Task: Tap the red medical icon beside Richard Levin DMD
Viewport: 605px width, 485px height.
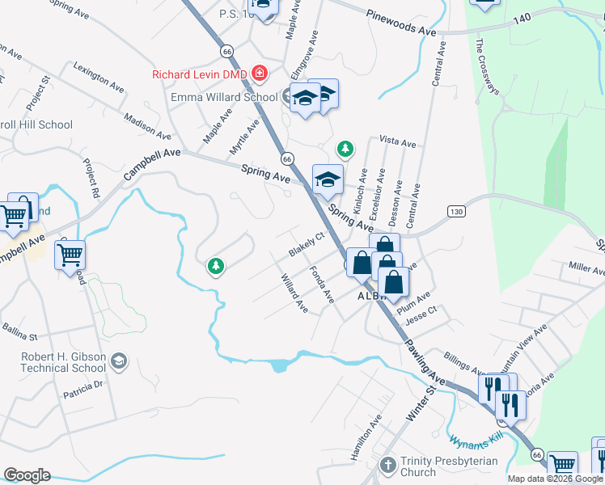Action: (x=260, y=74)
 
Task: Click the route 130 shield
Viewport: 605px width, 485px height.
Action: (x=457, y=211)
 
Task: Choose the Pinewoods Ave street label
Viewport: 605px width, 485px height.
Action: (x=400, y=22)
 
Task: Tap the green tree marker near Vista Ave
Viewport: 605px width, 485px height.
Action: (x=345, y=149)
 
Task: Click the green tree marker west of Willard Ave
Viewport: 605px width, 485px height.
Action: (x=215, y=265)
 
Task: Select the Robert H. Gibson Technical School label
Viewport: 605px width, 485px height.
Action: (x=64, y=362)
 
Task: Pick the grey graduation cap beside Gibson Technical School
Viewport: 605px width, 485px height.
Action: (x=120, y=361)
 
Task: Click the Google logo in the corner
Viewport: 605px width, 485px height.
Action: (x=27, y=475)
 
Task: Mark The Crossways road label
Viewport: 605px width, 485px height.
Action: (x=490, y=68)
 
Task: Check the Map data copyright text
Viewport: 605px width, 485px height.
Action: (x=555, y=479)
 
